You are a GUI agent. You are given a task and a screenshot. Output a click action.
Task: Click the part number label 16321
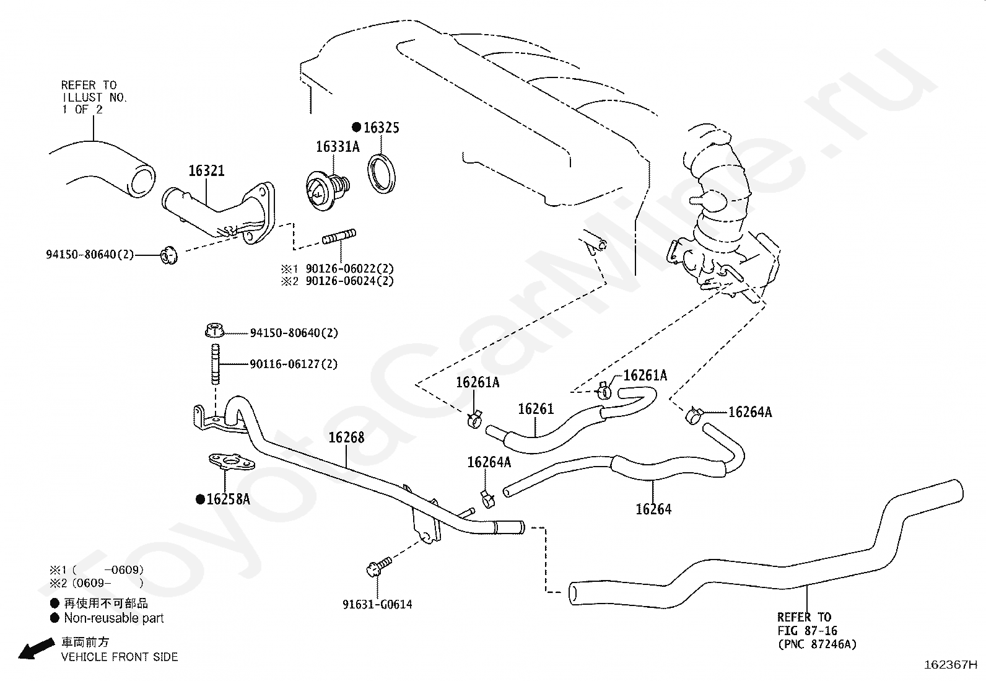pyautogui.click(x=206, y=170)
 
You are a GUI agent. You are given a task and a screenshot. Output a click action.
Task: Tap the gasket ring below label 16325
pyautogui.click(x=380, y=174)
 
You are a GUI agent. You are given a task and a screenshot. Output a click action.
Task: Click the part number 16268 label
pyautogui.click(x=346, y=437)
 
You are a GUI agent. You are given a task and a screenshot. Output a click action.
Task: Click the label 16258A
pyautogui.click(x=228, y=499)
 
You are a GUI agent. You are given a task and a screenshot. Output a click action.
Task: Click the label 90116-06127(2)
pyautogui.click(x=294, y=364)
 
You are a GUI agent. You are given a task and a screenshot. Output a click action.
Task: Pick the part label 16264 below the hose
pyautogui.click(x=653, y=509)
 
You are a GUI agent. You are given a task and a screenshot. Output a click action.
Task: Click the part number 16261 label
pyautogui.click(x=536, y=409)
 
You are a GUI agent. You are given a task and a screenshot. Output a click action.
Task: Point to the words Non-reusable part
pyautogui.click(x=114, y=618)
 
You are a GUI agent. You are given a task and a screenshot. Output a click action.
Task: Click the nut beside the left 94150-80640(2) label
pyautogui.click(x=167, y=255)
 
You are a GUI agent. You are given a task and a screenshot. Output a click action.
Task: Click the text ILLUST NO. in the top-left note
pyautogui.click(x=94, y=97)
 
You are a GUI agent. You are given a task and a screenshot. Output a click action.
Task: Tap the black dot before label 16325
pyautogui.click(x=356, y=127)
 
